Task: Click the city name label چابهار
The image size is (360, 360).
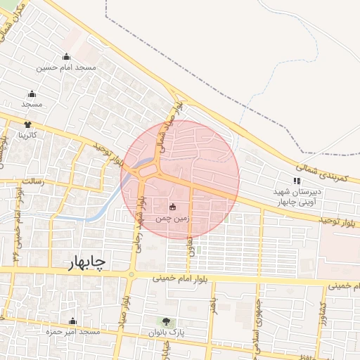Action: tap(87, 263)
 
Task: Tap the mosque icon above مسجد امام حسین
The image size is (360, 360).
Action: tap(66, 57)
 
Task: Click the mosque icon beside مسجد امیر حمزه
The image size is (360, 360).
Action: tap(72, 321)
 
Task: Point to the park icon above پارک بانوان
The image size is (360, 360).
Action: tap(166, 321)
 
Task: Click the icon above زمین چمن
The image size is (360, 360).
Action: tap(173, 207)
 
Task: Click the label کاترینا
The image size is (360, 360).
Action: tap(27, 134)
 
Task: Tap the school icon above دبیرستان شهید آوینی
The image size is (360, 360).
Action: tap(296, 181)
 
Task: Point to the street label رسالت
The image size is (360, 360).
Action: tap(32, 181)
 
